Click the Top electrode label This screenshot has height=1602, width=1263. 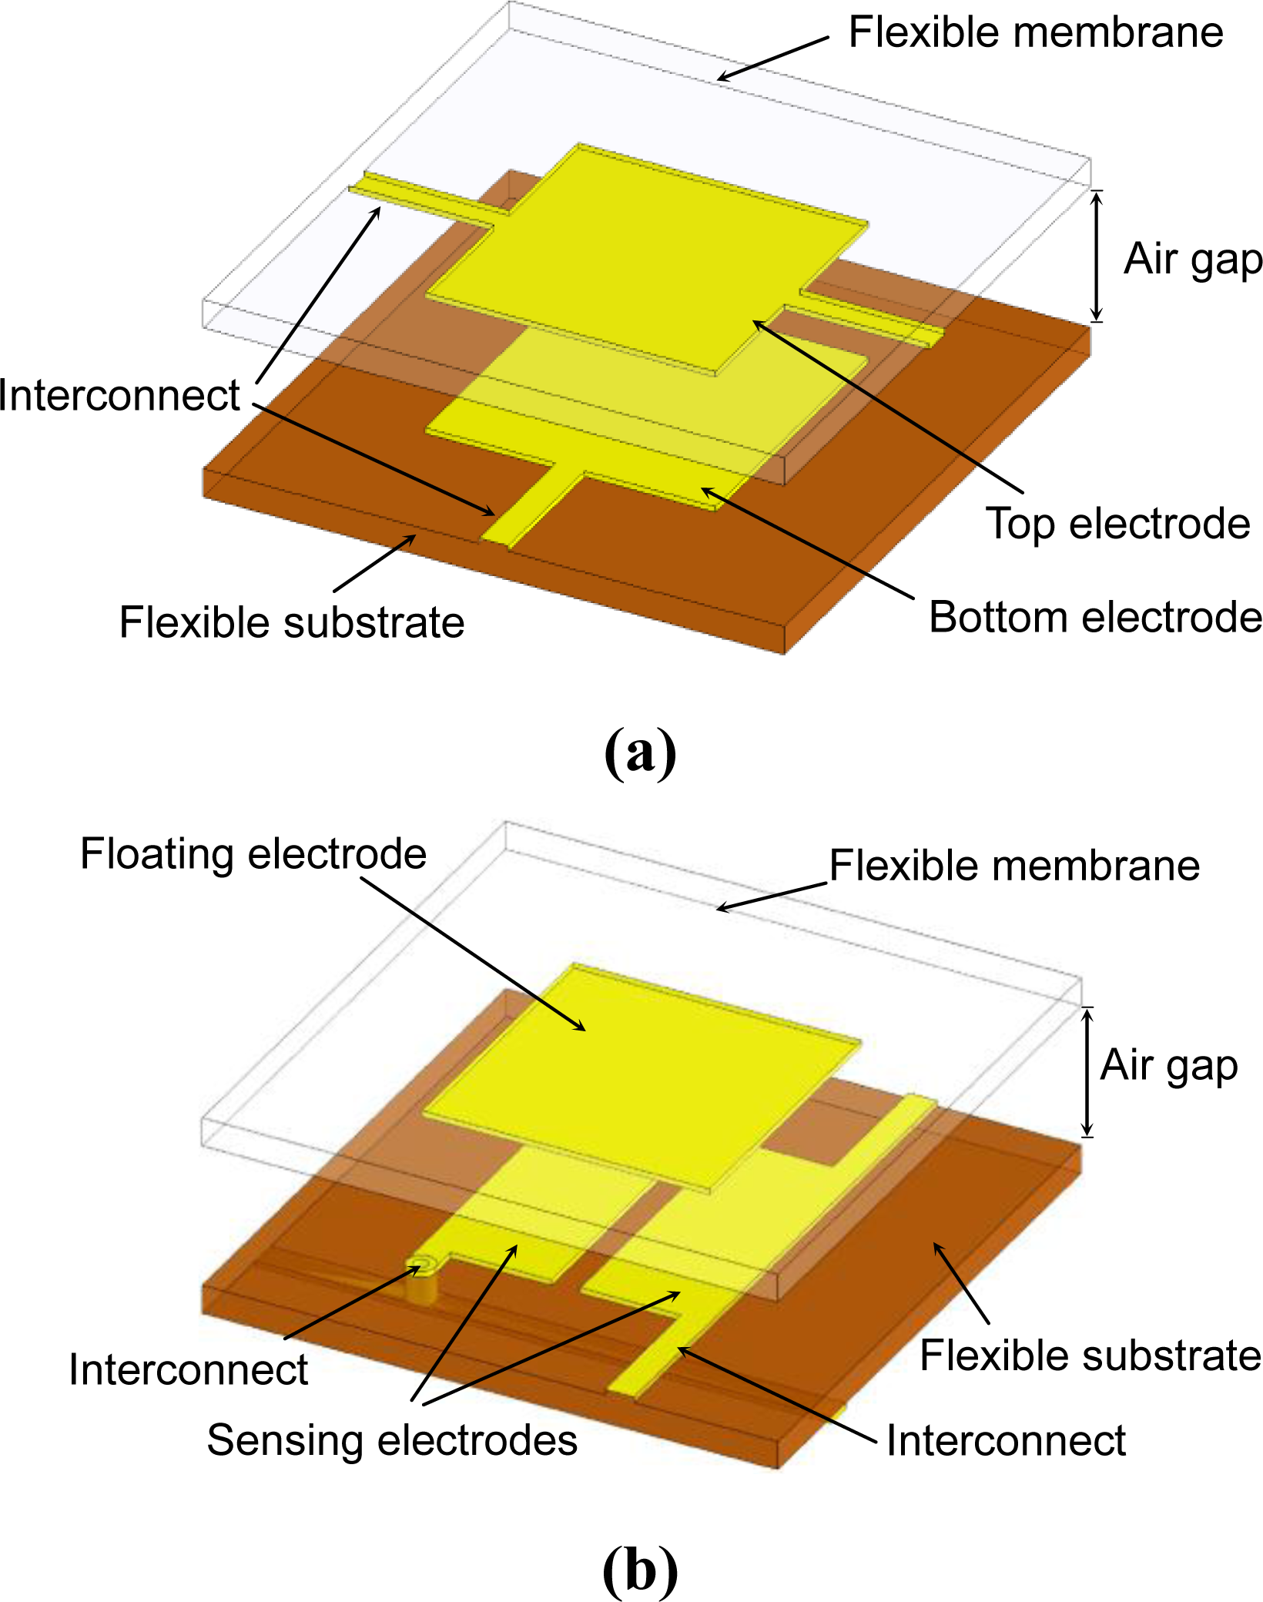click(x=1117, y=525)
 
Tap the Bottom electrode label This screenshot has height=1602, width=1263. click(x=1094, y=618)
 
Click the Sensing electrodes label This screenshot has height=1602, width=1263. click(x=392, y=1440)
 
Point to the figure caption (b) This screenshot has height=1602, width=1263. click(x=640, y=1571)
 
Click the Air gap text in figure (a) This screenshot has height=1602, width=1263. click(x=1192, y=260)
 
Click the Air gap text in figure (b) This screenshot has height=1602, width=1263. click(x=1168, y=1066)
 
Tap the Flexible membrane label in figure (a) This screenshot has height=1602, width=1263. click(x=1035, y=33)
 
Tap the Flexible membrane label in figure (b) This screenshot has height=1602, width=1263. click(x=1014, y=866)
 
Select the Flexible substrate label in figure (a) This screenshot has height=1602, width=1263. click(x=292, y=622)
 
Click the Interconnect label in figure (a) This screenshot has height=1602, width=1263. click(x=119, y=396)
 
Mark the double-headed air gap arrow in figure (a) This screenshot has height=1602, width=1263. click(x=1097, y=256)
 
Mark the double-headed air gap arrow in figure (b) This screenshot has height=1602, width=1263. click(x=1087, y=1071)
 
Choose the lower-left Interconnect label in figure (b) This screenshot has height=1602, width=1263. click(x=188, y=1370)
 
